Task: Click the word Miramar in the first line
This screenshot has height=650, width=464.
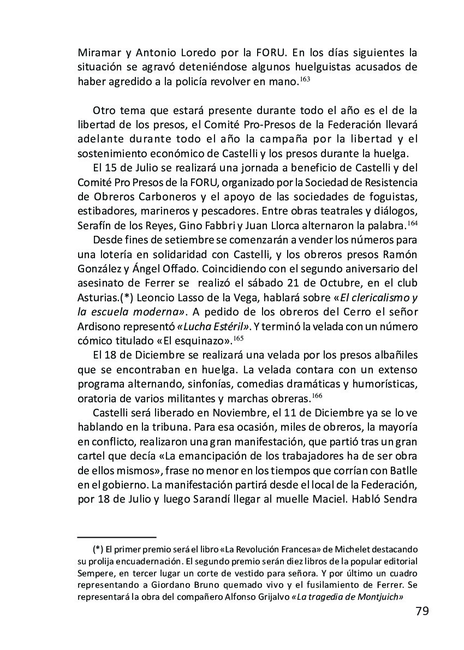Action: (99, 53)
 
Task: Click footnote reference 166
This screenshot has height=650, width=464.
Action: (317, 395)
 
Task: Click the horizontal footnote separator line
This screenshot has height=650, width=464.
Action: (117, 537)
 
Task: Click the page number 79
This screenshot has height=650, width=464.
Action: (421, 610)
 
